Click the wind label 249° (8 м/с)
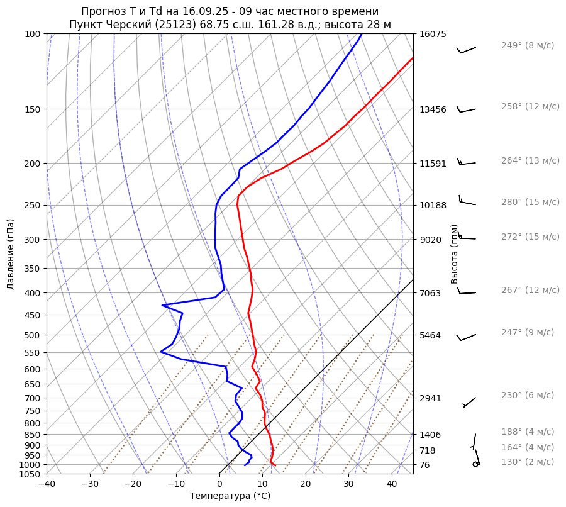527,46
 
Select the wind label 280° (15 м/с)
530,203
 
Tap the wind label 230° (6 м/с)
527,396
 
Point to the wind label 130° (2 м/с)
527,462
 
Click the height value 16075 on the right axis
433,35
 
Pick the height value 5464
430,335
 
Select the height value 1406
430,435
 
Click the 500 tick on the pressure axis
33,335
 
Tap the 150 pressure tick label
33,109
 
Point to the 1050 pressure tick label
31,474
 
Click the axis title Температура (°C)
230,496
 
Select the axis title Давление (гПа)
11,254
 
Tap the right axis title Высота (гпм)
455,254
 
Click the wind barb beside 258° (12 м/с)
466,109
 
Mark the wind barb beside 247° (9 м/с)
466,337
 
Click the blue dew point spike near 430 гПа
163,305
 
